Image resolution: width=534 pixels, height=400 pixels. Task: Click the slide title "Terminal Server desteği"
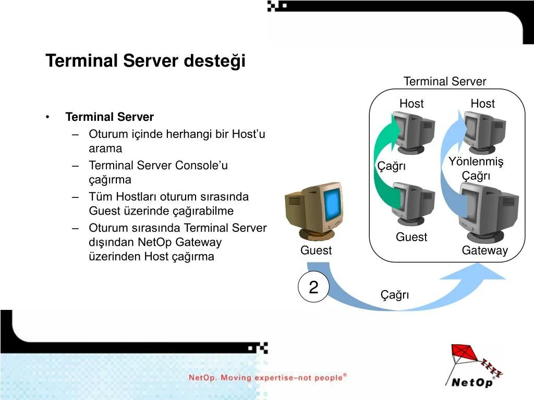pos(145,61)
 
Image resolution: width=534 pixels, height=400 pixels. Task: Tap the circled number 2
pos(313,287)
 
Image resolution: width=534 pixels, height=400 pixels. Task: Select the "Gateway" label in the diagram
pos(484,251)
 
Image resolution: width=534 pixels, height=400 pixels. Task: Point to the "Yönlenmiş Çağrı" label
pos(476,169)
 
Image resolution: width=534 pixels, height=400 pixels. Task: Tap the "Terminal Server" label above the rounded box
pos(444,81)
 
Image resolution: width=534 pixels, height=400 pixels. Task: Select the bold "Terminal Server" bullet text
pos(110,117)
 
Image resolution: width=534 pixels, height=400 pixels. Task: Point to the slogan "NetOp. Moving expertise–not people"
pos(267,377)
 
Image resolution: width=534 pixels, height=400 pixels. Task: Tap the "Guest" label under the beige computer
pos(315,251)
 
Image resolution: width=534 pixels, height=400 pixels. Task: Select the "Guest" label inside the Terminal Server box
pos(411,237)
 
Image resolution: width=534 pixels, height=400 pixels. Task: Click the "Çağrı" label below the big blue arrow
pos(395,295)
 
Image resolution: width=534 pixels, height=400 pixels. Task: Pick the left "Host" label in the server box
pos(411,104)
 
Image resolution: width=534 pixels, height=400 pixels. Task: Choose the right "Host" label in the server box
pos(482,104)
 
